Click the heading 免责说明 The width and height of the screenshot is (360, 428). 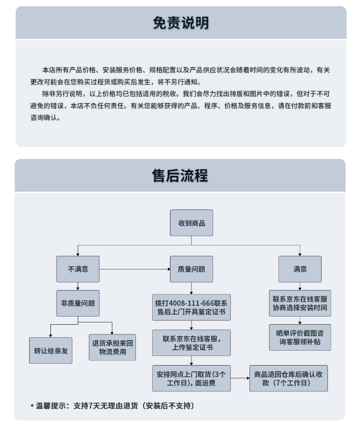tap(181, 23)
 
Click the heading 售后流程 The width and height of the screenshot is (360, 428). tap(180, 175)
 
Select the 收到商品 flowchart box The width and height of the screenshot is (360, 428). tap(192, 223)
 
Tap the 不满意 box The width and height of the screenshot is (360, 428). tap(78, 269)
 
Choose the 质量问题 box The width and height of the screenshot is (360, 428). tap(192, 269)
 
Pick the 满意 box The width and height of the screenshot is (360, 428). tap(300, 269)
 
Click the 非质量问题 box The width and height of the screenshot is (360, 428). tap(78, 303)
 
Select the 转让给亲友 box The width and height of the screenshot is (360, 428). tap(51, 351)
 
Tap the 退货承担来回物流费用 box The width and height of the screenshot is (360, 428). tap(112, 347)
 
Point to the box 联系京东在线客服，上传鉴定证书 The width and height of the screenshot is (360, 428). tap(192, 343)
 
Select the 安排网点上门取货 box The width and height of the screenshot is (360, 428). tap(192, 379)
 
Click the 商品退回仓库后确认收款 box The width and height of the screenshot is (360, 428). tap(288, 379)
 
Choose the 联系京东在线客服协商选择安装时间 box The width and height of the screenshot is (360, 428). tap(300, 303)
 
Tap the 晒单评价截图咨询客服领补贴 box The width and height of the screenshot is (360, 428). tap(300, 337)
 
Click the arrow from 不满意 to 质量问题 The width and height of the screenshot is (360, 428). tap(135, 269)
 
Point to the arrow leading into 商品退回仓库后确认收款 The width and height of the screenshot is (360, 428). tap(240, 379)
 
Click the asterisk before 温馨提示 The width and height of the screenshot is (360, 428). tap(32, 406)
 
